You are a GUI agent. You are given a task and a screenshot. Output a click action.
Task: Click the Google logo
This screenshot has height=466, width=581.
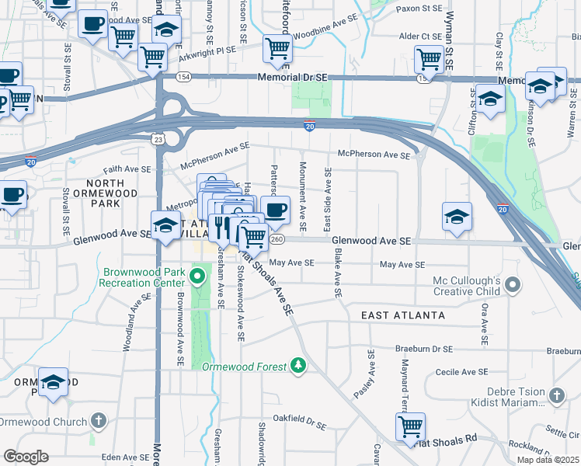coord(25,456)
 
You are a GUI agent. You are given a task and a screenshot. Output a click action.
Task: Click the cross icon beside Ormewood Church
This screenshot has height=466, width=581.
coord(98,422)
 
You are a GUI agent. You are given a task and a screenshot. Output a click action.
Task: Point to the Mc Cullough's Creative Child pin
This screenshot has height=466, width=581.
coord(512,286)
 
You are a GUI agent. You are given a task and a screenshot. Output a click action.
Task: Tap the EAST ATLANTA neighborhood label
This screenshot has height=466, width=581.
coord(403,315)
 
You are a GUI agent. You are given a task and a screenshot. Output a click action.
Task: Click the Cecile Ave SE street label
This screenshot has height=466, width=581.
coord(461,373)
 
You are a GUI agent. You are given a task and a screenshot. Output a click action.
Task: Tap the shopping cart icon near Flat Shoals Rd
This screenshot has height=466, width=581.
coord(409,425)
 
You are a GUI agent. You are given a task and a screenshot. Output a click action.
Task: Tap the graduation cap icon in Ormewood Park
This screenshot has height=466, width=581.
coord(53,383)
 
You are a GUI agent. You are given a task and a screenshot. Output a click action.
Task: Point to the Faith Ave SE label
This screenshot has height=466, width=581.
coord(126,169)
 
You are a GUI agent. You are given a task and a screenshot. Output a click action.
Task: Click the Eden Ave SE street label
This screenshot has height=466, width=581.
coord(125,457)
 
